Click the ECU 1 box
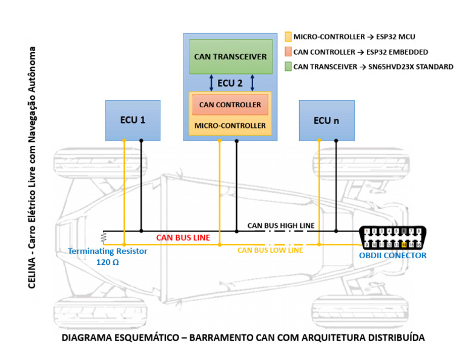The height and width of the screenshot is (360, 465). [133, 120]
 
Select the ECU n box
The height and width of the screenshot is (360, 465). [326, 120]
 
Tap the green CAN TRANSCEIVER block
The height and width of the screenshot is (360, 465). [230, 56]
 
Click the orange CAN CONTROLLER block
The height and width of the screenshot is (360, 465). [230, 105]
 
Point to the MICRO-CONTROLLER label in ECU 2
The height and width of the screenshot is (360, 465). [230, 125]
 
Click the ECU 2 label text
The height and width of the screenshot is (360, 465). [230, 83]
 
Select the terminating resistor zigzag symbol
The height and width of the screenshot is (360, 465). [104, 237]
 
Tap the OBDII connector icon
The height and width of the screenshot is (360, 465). [391, 238]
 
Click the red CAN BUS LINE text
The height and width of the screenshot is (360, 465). [183, 238]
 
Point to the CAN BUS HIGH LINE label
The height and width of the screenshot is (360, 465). [281, 225]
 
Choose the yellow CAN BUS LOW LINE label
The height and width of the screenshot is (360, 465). [270, 250]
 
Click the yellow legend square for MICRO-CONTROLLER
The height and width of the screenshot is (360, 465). [288, 36]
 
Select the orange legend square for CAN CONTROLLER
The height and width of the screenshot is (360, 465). [288, 52]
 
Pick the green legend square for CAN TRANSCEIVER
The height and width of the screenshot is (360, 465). [288, 67]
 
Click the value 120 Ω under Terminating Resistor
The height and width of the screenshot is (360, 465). [108, 262]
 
